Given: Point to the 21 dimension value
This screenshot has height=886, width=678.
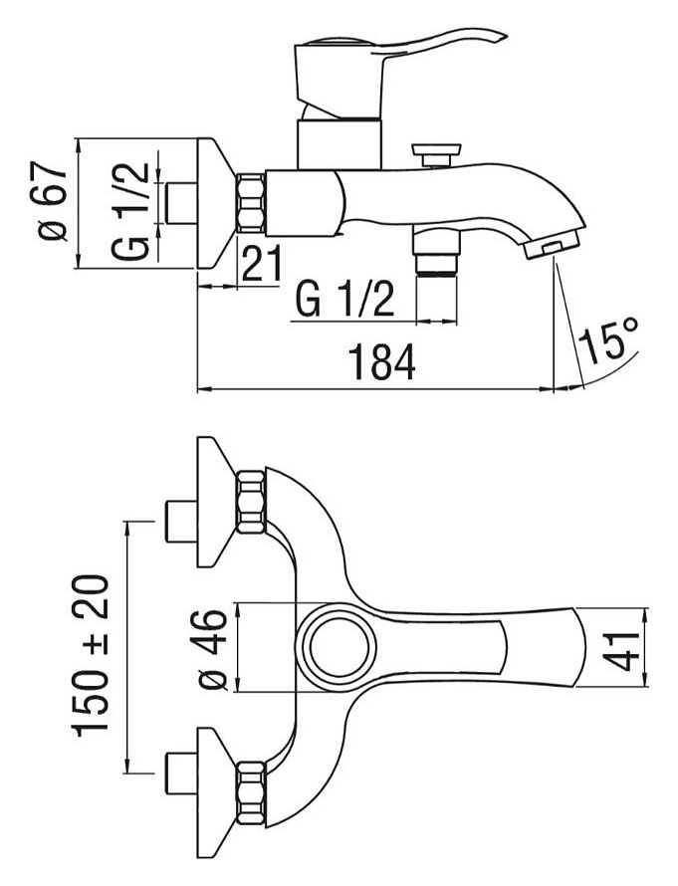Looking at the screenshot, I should (x=261, y=266).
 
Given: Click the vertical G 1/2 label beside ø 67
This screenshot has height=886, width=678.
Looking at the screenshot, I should (x=132, y=209).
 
